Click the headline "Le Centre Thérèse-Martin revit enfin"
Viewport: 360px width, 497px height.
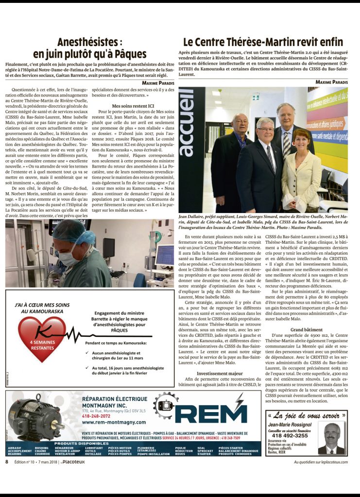click(263, 42)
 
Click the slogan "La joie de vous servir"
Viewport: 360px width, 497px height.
click(307, 415)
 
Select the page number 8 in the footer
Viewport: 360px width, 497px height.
click(7, 462)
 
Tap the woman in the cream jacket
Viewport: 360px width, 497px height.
click(302, 170)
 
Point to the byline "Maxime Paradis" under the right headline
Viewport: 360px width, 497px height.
click(332, 82)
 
